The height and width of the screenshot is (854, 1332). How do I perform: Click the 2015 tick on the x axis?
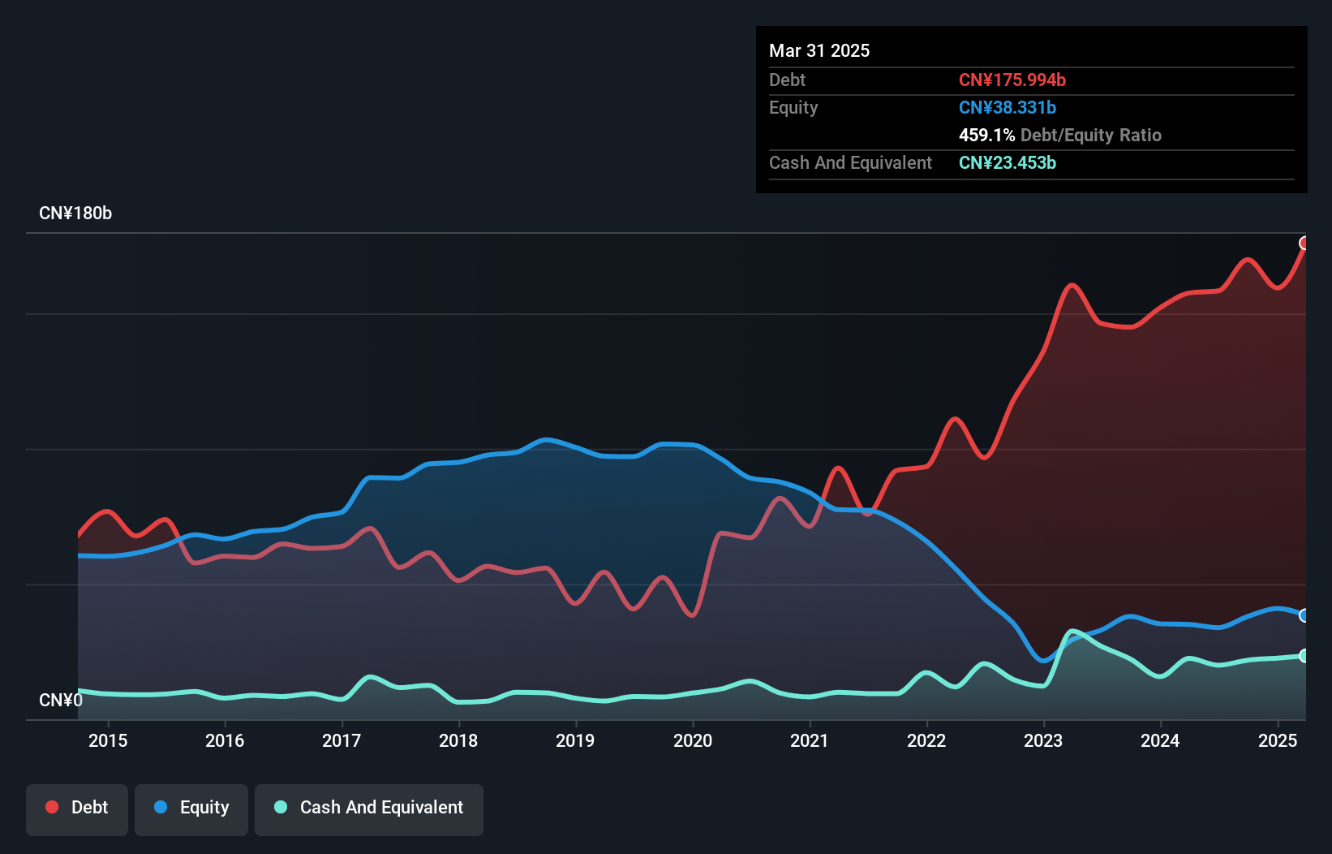108,740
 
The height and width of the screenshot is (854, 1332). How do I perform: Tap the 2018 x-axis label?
458,740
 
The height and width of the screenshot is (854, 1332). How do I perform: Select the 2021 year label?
809,740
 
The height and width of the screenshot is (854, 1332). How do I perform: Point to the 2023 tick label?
1043,740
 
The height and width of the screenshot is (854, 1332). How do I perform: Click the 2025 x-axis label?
1277,740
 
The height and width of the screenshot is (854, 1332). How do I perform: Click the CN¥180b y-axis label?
75,213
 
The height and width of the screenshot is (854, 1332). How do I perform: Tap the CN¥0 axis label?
61,700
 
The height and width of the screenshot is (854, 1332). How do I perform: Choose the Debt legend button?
77,808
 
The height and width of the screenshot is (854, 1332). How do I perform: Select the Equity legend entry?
191,808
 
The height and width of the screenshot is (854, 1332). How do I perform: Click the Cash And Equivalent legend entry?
369,808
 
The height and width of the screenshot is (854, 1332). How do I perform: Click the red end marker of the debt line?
1304,244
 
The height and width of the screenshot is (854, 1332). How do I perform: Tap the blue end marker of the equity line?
1304,615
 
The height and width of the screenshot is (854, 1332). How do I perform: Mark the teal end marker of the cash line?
1304,655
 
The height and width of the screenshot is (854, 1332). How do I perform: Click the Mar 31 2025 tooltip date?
819,51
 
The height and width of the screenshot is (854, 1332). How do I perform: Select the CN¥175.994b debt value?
1012,80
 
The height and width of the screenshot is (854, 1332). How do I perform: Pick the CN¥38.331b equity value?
1007,108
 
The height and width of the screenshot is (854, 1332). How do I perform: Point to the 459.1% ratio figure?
986,136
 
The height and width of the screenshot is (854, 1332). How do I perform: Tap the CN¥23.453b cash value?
1007,163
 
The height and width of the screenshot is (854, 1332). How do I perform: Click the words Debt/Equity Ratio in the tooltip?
1090,136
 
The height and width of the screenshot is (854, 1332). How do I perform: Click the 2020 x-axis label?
693,740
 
